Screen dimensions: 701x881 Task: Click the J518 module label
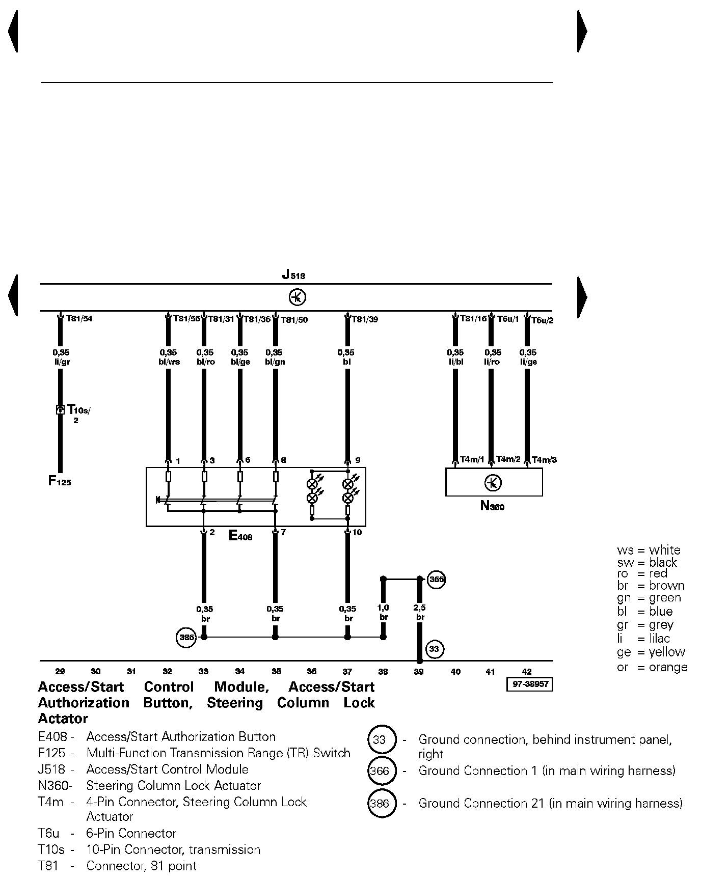tap(293, 276)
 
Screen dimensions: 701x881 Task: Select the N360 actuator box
tap(493, 482)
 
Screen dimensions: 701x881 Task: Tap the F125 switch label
tap(60, 481)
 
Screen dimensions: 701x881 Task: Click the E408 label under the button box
tap(240, 536)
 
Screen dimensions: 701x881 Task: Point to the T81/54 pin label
tap(79, 319)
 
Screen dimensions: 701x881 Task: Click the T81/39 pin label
tap(365, 320)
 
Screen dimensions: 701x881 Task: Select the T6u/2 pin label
tap(542, 320)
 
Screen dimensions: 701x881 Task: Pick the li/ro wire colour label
tap(492, 362)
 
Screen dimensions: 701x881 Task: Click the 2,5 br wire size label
tap(420, 612)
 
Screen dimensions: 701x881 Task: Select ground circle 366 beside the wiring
tap(437, 580)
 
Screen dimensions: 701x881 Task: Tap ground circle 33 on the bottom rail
tap(434, 649)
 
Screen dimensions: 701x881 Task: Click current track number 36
tap(312, 672)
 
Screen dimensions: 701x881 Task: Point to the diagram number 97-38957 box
tap(530, 684)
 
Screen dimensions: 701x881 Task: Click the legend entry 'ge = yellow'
tap(651, 652)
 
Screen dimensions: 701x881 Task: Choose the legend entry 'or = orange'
tap(652, 667)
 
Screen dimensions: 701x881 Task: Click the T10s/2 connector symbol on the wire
tap(60, 409)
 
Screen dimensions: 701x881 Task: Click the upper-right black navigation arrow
tap(582, 32)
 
